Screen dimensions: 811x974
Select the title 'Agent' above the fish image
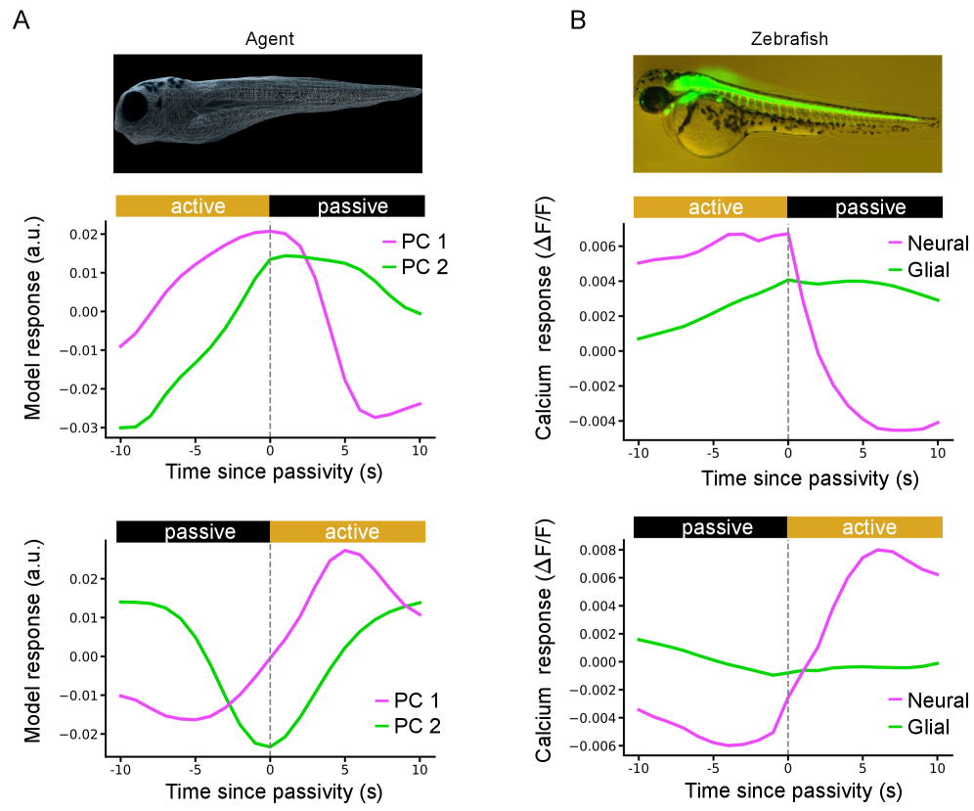click(x=270, y=40)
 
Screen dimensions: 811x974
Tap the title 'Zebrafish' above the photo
click(x=787, y=40)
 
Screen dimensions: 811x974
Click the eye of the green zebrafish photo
click(x=648, y=99)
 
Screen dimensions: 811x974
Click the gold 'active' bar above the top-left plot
click(x=193, y=206)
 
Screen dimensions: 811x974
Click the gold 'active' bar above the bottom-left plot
click(x=347, y=531)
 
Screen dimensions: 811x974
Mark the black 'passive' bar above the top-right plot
click(x=864, y=206)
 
